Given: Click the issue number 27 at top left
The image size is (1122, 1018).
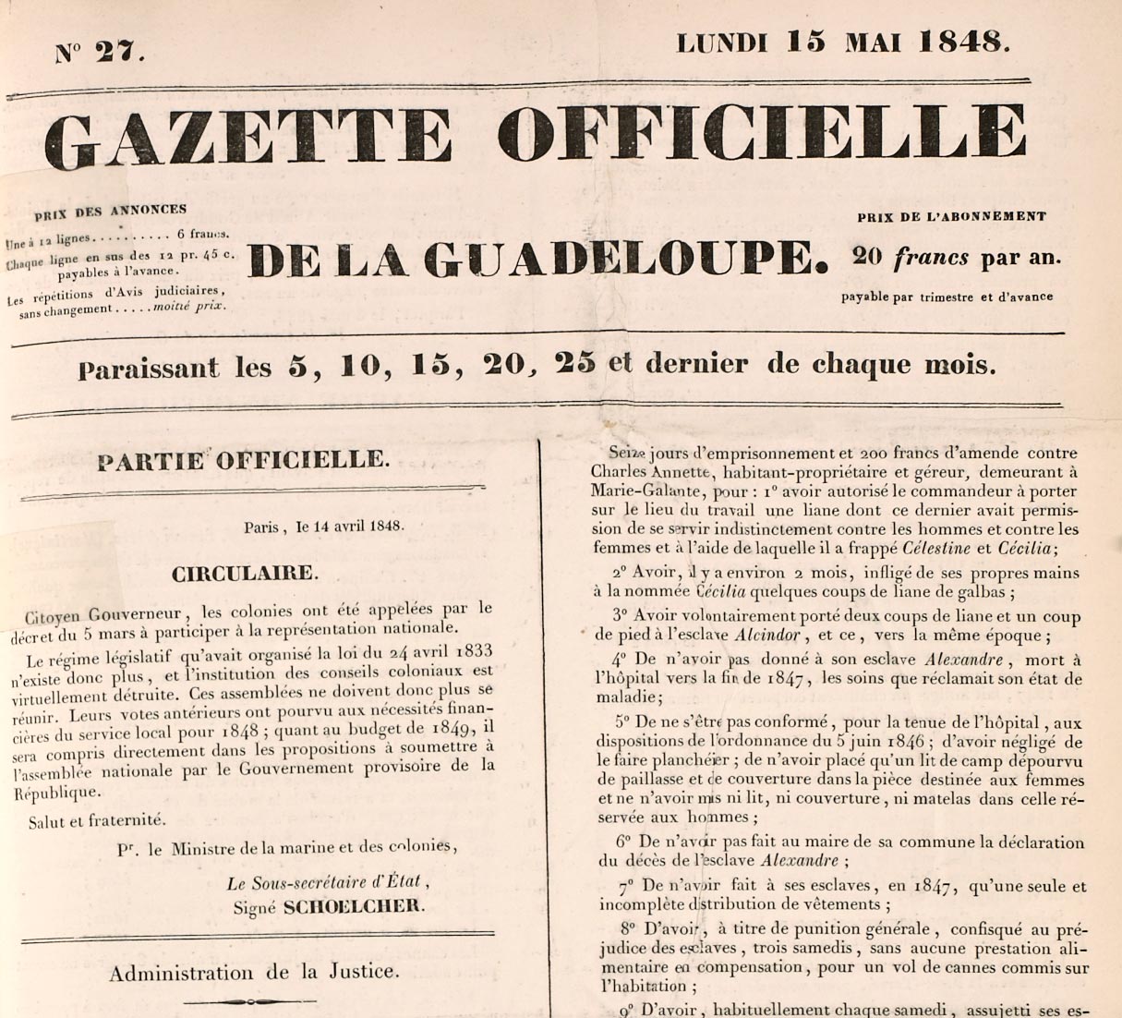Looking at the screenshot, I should [x=119, y=53].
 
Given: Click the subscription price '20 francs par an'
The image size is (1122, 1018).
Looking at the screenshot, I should [x=957, y=258].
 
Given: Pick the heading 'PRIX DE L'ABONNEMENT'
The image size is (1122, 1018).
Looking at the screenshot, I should [x=951, y=217].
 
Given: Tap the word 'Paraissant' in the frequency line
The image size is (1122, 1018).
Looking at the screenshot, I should [x=149, y=370].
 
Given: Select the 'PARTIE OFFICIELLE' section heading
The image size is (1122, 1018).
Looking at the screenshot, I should [x=244, y=460].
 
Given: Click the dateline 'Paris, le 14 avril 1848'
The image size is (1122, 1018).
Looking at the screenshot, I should [x=323, y=527].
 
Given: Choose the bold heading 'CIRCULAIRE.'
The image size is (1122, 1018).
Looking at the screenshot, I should [x=245, y=573].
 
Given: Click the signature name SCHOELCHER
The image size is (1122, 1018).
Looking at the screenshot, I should [x=354, y=906].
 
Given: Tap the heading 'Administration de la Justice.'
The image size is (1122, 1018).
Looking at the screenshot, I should [x=254, y=972].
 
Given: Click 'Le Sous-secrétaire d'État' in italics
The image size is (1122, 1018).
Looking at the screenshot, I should [x=328, y=882].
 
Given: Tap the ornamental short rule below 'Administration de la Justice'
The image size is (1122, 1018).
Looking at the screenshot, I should [x=249, y=1001].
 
